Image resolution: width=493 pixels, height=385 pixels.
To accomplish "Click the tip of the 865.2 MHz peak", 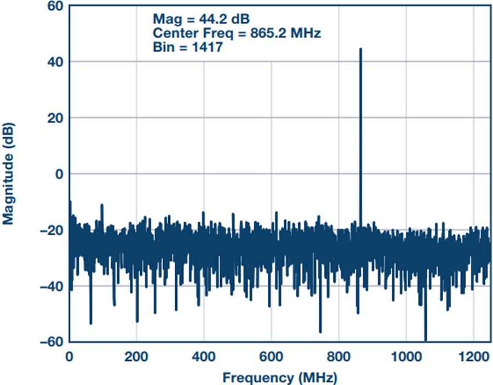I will tap(360, 49).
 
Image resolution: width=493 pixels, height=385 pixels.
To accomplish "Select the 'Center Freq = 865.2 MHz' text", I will tap(236, 33).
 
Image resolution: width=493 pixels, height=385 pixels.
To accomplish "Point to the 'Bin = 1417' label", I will tap(187, 47).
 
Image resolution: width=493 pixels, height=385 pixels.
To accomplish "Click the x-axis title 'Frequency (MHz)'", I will tap(279, 377).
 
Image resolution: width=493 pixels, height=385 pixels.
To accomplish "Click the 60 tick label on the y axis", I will tap(54, 7).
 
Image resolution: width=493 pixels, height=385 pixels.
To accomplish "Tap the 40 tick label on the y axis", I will tap(54, 62).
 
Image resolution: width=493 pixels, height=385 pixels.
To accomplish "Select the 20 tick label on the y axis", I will tap(54, 118).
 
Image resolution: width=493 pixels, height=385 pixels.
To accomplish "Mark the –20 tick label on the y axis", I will tap(50, 230).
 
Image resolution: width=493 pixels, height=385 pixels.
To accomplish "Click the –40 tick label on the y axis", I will tap(50, 286).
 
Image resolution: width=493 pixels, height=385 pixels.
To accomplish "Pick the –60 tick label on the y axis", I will tap(50, 342).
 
